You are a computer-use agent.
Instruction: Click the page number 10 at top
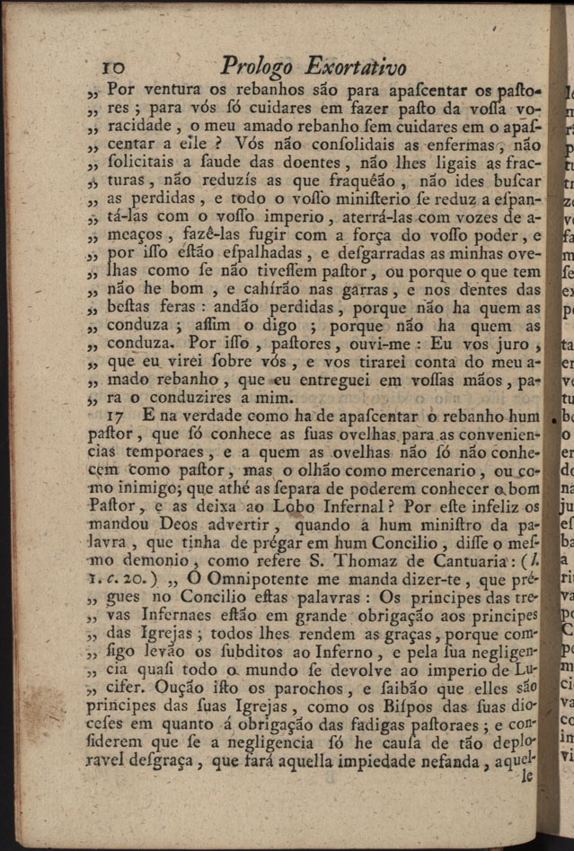click(x=117, y=68)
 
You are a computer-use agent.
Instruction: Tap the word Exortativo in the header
click(x=356, y=66)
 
